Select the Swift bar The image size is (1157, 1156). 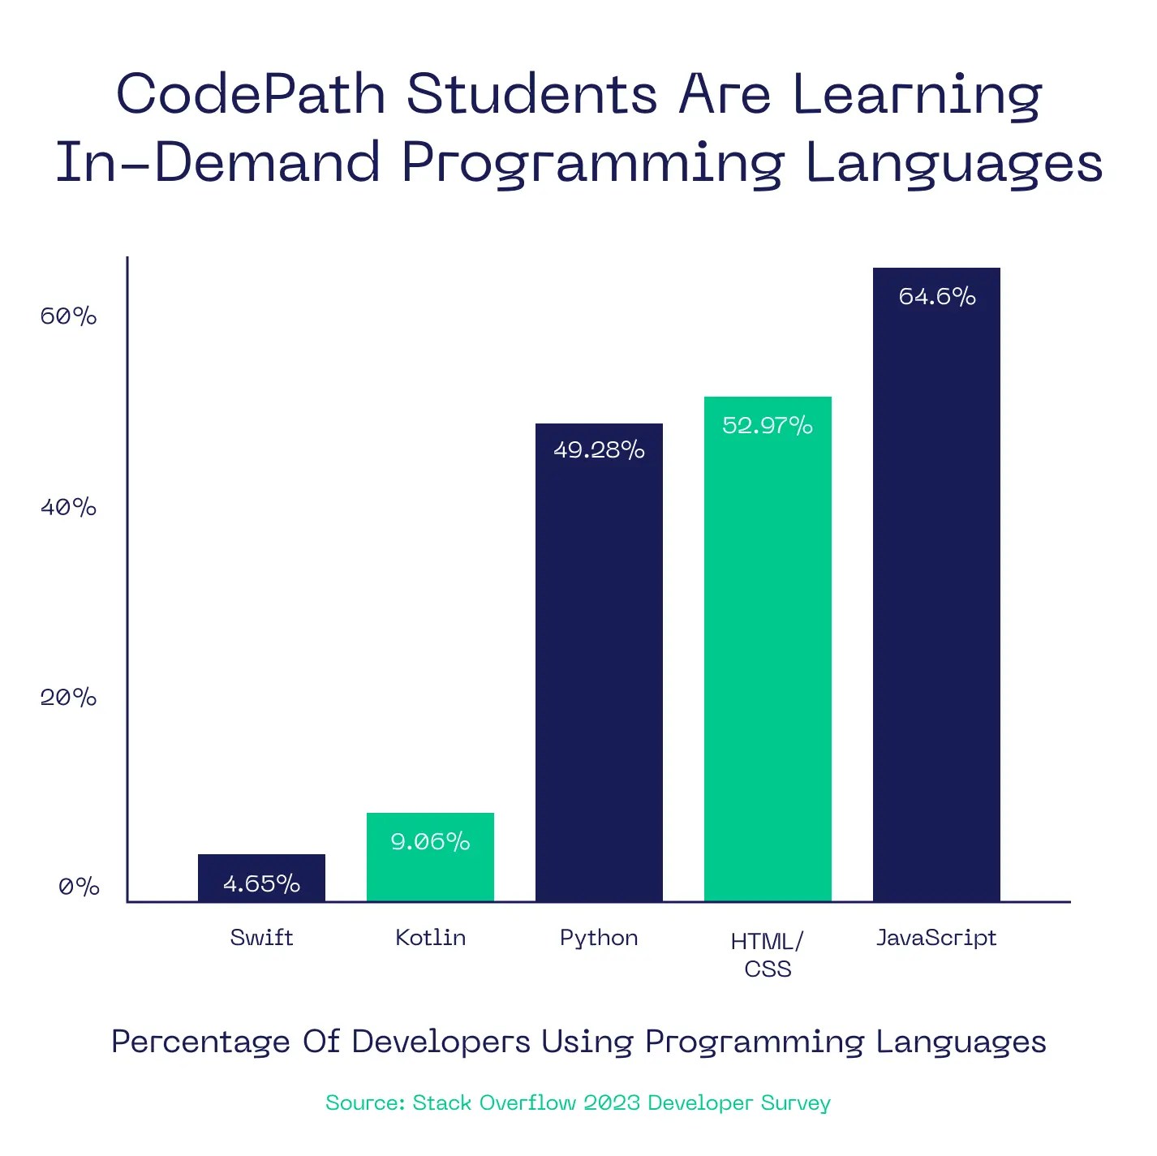tap(261, 878)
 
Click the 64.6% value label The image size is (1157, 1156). tap(937, 297)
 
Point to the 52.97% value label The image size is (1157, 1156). tap(768, 426)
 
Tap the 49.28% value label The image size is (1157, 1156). tap(599, 450)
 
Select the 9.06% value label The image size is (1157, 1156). tap(430, 842)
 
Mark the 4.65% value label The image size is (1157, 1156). tap(261, 883)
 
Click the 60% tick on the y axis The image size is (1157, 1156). tap(69, 316)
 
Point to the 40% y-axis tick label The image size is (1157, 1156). tap(69, 508)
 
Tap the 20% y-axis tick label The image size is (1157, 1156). tap(69, 698)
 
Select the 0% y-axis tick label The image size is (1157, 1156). tap(79, 887)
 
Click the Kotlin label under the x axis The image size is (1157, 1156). tap(430, 938)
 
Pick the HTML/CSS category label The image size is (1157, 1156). tap(768, 955)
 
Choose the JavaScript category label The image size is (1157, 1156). tap(936, 938)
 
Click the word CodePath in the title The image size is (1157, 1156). tap(251, 94)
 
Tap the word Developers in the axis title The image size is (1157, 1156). tap(441, 1042)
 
